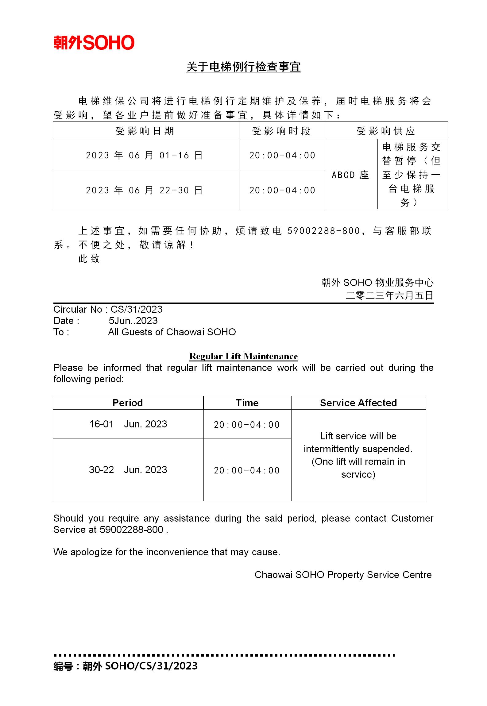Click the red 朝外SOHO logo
[94, 43]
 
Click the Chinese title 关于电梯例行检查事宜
[243, 67]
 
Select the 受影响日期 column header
[145, 131]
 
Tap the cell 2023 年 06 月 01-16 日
[144, 155]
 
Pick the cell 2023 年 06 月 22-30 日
[144, 190]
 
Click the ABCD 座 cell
[350, 175]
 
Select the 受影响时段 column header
[281, 131]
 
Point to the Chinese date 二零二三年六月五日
[389, 295]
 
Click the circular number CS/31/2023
[137, 309]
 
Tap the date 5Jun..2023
[133, 321]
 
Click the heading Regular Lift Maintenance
[243, 356]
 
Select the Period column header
[128, 403]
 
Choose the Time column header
[247, 403]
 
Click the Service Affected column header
[358, 403]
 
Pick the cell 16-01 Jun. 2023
[128, 424]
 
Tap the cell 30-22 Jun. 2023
[128, 470]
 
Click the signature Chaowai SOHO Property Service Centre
[343, 575]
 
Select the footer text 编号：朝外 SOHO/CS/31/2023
[126, 666]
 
